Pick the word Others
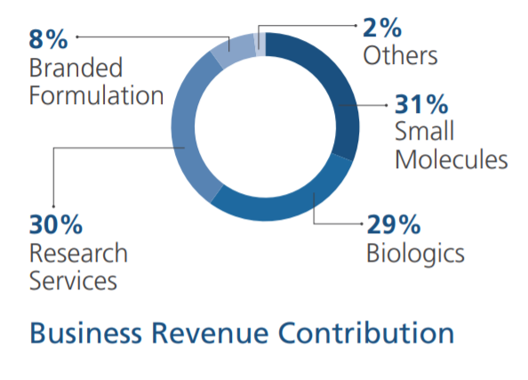click(x=401, y=55)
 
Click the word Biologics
click(x=415, y=253)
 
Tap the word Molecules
click(x=452, y=159)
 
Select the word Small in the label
click(x=425, y=132)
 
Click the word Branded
click(x=76, y=68)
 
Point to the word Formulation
click(x=96, y=95)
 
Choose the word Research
click(x=78, y=253)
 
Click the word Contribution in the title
click(x=366, y=333)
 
